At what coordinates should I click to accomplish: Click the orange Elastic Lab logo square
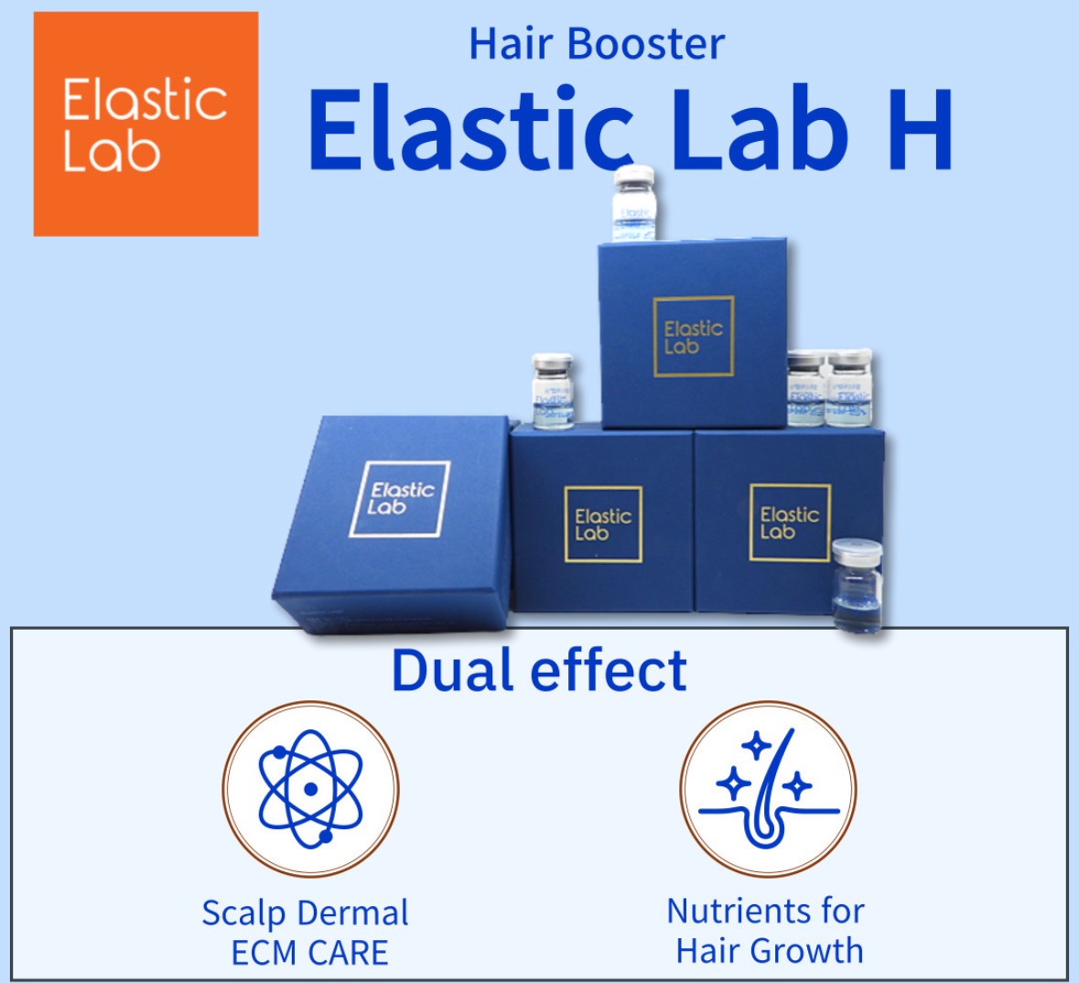[146, 124]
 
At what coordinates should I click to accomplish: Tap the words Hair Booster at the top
[596, 44]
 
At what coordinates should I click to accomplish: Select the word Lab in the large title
[767, 131]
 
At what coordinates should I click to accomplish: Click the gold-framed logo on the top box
[693, 337]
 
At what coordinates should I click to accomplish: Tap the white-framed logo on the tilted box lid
[400, 498]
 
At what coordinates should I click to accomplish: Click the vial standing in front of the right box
[858, 586]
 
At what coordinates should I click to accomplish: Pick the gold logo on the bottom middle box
[602, 524]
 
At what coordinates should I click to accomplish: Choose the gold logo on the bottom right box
[789, 523]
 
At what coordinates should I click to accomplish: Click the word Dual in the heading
[453, 671]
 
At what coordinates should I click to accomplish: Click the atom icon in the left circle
[310, 788]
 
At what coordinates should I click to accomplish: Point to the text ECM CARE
[309, 953]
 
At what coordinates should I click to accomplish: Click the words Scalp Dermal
[305, 913]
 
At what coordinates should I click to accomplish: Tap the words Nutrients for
[765, 911]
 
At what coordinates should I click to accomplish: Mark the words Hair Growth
[769, 951]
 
